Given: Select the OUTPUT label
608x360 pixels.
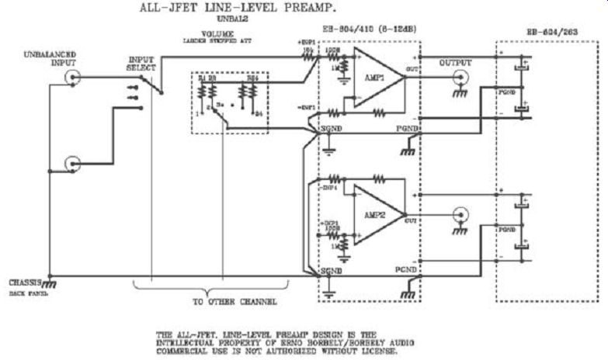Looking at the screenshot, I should coord(455,62).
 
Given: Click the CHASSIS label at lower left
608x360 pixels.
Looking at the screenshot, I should coord(23,282).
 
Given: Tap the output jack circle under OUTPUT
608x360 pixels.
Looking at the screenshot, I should coord(460,77).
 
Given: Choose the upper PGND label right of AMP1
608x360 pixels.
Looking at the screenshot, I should coord(407,128).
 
